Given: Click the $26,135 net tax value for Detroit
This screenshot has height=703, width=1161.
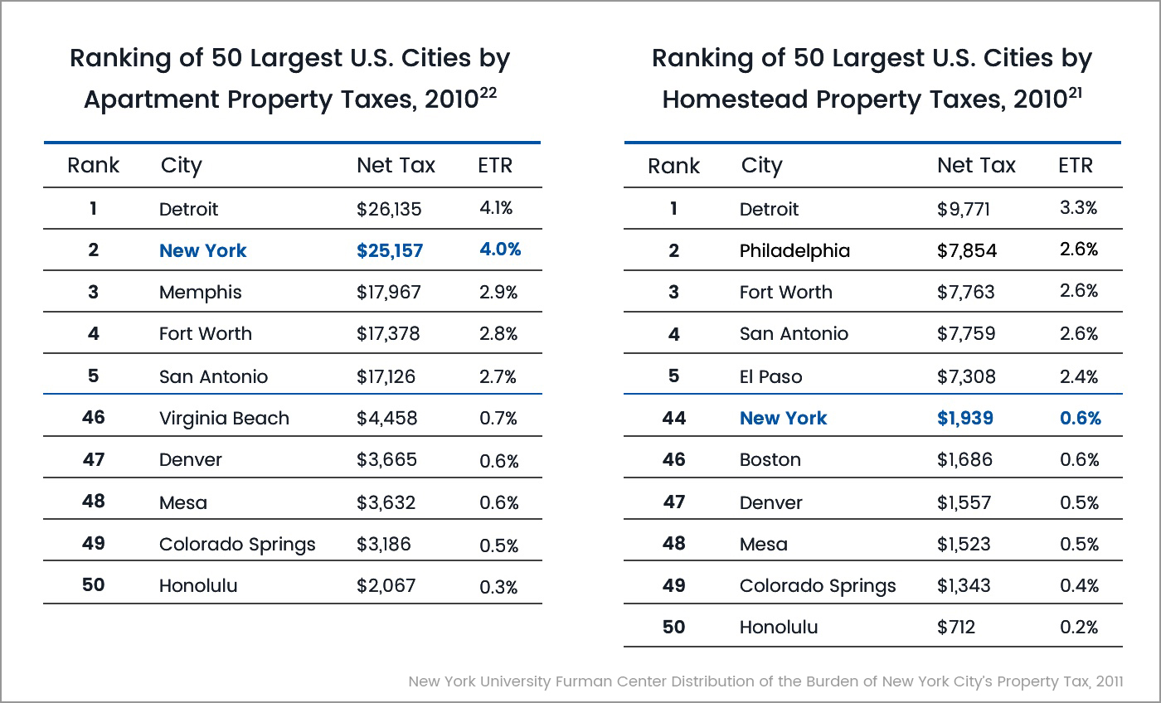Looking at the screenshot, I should pyautogui.click(x=389, y=209).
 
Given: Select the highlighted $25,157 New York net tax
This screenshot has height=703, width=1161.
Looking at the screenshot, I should pyautogui.click(x=390, y=250).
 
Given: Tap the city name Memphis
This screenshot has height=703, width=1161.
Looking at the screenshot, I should pyautogui.click(x=201, y=292).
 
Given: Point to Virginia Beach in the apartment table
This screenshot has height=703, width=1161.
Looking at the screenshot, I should pyautogui.click(x=224, y=418).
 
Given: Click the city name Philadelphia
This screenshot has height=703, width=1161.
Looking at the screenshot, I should pyautogui.click(x=794, y=250).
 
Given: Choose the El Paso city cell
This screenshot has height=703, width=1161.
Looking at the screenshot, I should pyautogui.click(x=770, y=376).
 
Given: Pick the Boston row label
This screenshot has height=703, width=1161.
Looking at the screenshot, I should pyautogui.click(x=770, y=459).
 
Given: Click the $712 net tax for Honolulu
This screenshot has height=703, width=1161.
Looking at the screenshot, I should pyautogui.click(x=955, y=627).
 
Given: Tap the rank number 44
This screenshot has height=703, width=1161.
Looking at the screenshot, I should pyautogui.click(x=673, y=418).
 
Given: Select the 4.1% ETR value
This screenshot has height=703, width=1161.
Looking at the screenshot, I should pyautogui.click(x=496, y=208).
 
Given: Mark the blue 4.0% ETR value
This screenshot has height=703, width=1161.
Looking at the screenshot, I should pyautogui.click(x=499, y=250).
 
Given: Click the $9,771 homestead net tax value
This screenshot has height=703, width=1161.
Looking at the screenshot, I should pyautogui.click(x=964, y=209).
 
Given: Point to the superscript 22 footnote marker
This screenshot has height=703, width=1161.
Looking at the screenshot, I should pyautogui.click(x=488, y=94).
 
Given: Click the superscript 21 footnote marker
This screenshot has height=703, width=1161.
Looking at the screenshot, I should pyautogui.click(x=1076, y=94).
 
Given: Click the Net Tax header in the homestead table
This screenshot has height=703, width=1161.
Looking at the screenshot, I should pyautogui.click(x=976, y=165).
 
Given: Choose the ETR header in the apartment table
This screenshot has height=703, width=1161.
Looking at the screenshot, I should pyautogui.click(x=495, y=165).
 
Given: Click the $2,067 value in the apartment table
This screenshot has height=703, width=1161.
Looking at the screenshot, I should pyautogui.click(x=386, y=585).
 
